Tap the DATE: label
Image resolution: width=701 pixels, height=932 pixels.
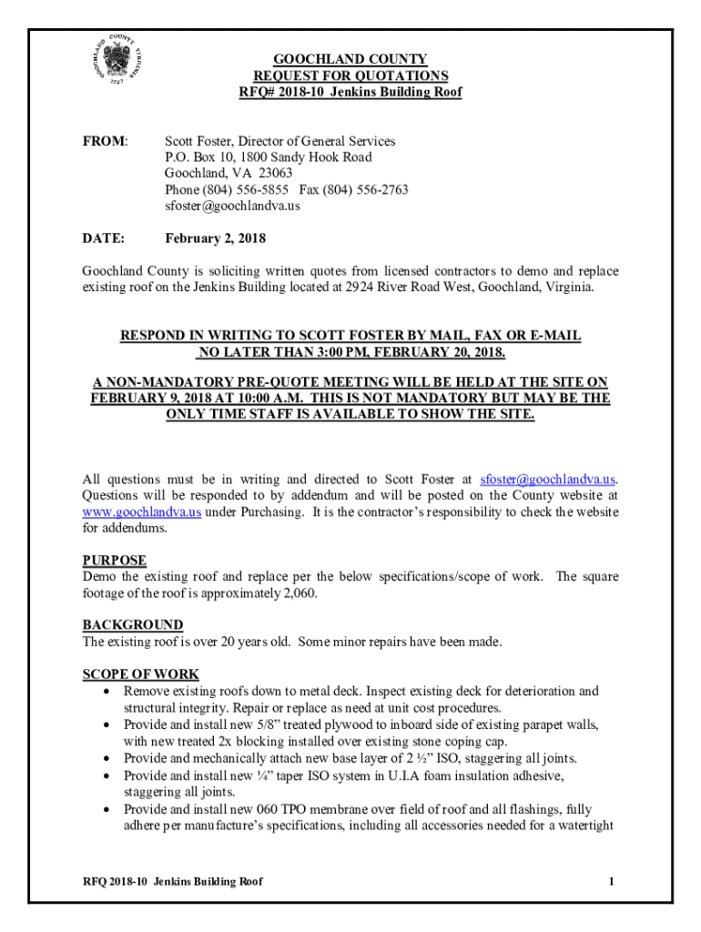click(x=103, y=239)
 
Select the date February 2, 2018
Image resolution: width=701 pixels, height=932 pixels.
click(x=215, y=239)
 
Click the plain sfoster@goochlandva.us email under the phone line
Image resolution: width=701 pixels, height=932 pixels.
click(x=232, y=206)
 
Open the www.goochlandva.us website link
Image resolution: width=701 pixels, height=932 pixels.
click(x=142, y=512)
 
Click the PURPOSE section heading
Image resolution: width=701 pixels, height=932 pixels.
click(x=115, y=561)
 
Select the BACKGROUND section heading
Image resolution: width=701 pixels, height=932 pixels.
click(x=133, y=625)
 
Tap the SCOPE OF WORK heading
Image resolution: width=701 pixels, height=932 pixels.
click(x=141, y=674)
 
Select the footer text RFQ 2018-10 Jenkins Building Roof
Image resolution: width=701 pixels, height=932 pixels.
click(x=174, y=881)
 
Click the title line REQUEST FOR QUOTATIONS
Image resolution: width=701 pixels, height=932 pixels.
click(x=350, y=76)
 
